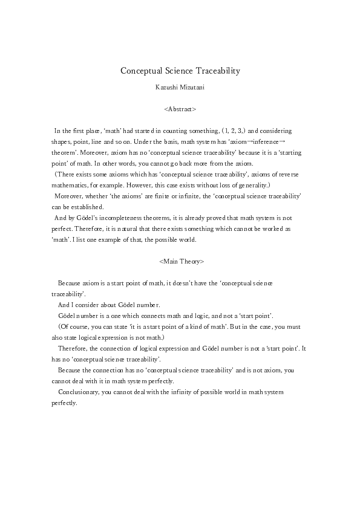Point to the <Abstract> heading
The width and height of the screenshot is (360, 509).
tap(180, 109)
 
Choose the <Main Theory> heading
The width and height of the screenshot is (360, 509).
tap(180, 262)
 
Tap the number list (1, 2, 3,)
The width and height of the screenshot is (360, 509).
tap(234, 131)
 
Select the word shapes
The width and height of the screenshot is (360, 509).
tap(60, 141)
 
